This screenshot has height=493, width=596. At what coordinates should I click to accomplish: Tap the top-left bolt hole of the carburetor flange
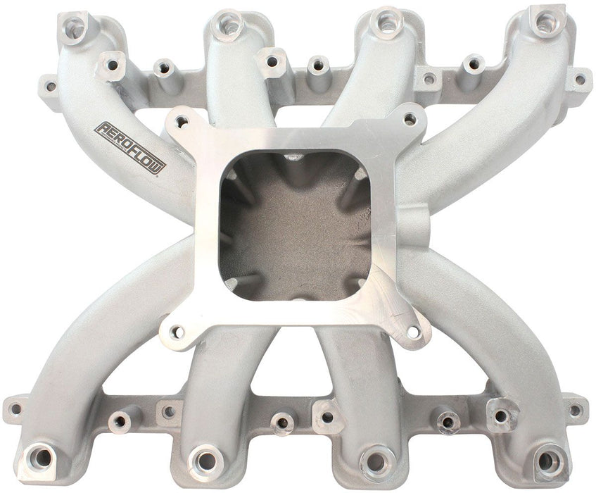coord(179,121)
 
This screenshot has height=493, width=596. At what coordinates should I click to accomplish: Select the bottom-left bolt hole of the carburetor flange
coord(175,331)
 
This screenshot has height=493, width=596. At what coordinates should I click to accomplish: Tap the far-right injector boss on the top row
coord(541,23)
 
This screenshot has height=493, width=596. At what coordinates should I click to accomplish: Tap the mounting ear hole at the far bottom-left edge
coord(14,408)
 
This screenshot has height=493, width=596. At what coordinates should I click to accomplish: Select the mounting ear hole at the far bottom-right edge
coord(576,408)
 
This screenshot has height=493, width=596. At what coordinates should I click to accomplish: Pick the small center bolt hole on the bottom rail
coord(282,423)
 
